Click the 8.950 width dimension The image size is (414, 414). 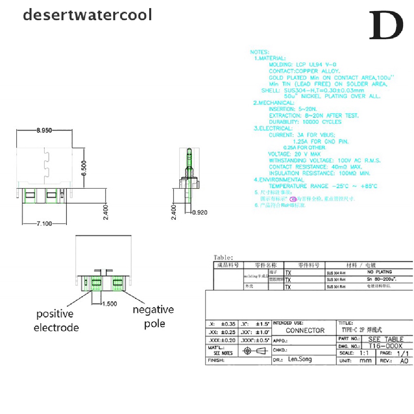[x=44, y=130]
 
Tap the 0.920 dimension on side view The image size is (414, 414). [x=200, y=212]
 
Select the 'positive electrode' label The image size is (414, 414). [x=56, y=320]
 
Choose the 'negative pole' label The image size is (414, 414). [x=154, y=317]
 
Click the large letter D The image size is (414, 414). [x=386, y=25]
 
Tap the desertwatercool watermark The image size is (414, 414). [x=87, y=15]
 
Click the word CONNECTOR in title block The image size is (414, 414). [x=305, y=330]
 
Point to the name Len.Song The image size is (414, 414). [x=300, y=359]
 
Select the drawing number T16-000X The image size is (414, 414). [x=386, y=346]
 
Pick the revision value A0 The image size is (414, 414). [x=404, y=361]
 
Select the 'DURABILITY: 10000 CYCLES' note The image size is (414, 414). [x=305, y=122]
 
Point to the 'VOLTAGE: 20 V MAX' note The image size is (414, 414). [x=294, y=154]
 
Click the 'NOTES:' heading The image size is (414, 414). [x=259, y=52]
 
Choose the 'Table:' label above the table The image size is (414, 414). [x=223, y=258]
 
